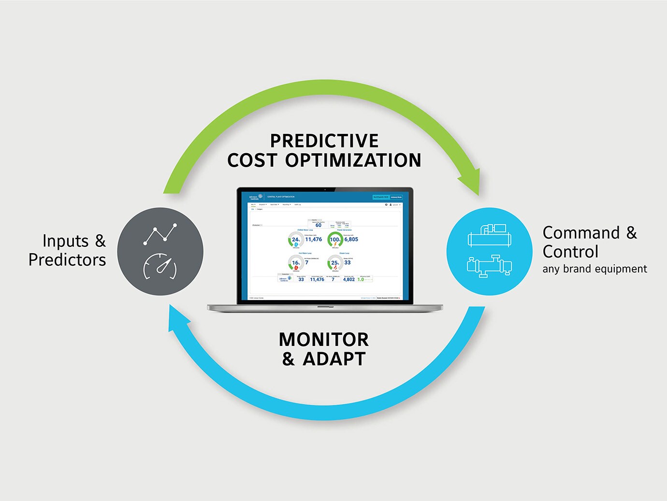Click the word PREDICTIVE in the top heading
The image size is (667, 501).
(324, 141)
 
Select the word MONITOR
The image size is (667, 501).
(324, 340)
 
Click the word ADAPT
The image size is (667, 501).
(334, 359)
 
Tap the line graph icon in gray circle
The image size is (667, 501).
(160, 234)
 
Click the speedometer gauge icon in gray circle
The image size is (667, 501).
(160, 267)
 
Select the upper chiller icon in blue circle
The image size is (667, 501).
(489, 236)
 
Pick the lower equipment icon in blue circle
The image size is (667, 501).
(489, 266)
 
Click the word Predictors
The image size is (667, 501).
(67, 260)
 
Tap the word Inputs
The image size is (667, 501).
(66, 241)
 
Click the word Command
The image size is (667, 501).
(581, 233)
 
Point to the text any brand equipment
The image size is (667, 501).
(594, 269)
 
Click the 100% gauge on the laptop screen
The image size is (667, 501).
(335, 240)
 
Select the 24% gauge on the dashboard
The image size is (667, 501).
(295, 240)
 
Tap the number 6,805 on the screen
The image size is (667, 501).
(351, 239)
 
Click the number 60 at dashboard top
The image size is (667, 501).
(318, 225)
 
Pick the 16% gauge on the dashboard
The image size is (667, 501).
(295, 263)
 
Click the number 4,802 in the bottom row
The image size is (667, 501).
(348, 279)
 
